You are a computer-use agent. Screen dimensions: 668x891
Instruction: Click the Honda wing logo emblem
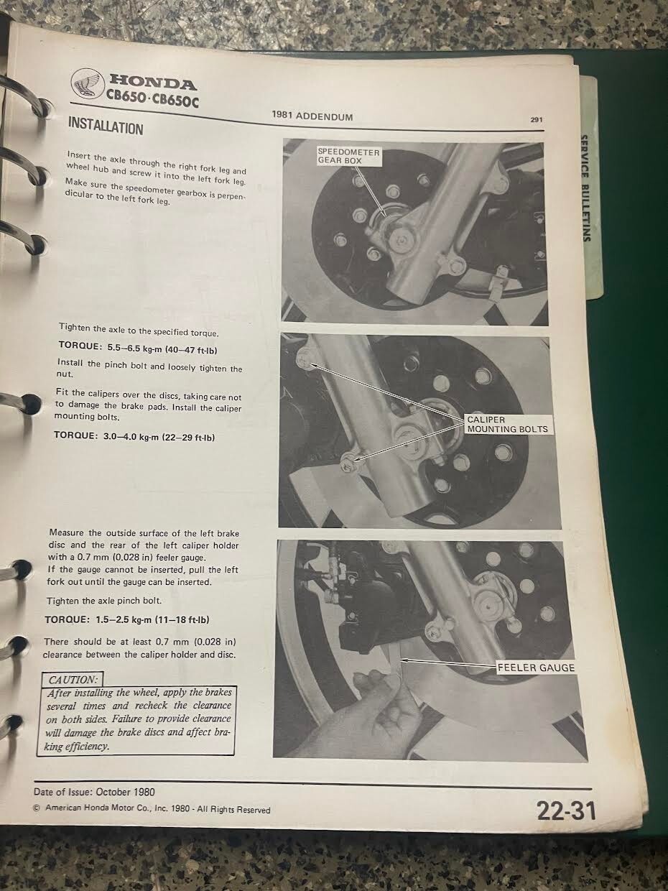(x=87, y=83)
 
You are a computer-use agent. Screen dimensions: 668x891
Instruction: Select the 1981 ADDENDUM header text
(x=312, y=116)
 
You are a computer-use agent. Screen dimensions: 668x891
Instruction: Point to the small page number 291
(x=536, y=120)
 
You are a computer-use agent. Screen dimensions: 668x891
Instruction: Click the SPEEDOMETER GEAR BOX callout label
(x=349, y=156)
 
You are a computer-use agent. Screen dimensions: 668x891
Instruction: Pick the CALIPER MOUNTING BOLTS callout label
(x=508, y=425)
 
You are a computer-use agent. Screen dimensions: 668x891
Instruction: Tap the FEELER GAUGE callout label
(x=536, y=668)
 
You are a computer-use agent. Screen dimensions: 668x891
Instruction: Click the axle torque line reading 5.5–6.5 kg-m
(x=138, y=348)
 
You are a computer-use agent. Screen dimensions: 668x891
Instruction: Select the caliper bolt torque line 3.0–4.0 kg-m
(x=134, y=436)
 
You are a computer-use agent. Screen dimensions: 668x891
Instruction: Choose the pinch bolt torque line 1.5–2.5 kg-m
(x=127, y=620)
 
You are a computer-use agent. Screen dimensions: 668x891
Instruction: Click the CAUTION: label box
(x=73, y=679)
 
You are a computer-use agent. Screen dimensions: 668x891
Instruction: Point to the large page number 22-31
(x=567, y=811)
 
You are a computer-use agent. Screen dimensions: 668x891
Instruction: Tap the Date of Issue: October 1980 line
(x=94, y=792)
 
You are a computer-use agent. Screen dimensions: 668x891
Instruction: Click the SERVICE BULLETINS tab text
(x=585, y=188)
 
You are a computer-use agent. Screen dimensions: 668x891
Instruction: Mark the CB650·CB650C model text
(x=152, y=98)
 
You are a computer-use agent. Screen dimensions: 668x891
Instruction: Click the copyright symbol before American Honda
(x=37, y=808)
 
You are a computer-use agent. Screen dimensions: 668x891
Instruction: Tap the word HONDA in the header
(x=152, y=83)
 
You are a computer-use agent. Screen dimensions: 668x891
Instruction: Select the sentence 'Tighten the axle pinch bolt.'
(x=104, y=601)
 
